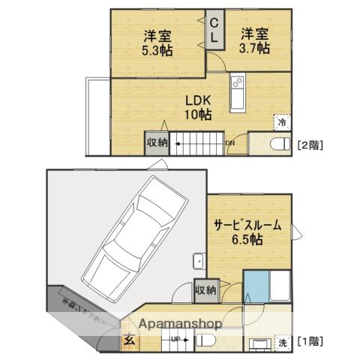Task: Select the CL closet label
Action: pos(214,30)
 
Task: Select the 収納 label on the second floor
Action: pos(157,142)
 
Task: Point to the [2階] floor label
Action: pos(310,143)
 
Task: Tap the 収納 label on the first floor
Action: pos(205,289)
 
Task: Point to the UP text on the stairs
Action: pos(174,340)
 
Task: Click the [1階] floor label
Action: pos(310,341)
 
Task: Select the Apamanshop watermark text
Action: pos(177,325)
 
